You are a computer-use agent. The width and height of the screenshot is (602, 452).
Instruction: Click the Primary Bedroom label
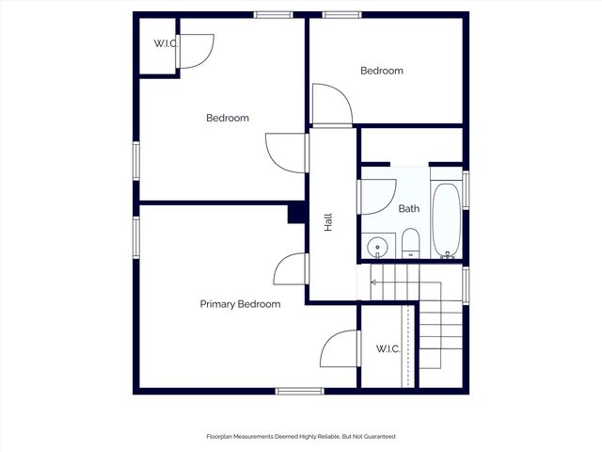(240, 304)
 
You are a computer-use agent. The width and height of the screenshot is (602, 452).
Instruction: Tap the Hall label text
(328, 223)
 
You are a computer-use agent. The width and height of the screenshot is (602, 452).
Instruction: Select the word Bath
(408, 209)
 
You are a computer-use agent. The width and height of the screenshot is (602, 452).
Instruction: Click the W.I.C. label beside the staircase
(388, 348)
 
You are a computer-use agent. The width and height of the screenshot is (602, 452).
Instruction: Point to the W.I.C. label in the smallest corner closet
(166, 44)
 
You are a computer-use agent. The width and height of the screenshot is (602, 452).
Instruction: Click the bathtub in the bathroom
(446, 220)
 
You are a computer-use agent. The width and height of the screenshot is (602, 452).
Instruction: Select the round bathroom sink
(378, 248)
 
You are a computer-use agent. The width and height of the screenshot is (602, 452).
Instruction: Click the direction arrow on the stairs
(374, 282)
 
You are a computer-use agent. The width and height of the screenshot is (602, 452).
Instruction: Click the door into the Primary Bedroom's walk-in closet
(340, 349)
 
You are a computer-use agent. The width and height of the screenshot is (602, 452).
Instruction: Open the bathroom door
(377, 196)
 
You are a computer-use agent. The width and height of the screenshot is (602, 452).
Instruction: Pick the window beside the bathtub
(466, 189)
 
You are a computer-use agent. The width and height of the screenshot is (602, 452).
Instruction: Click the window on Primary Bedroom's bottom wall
(299, 391)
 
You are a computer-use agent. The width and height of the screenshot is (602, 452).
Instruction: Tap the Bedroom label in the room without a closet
(382, 71)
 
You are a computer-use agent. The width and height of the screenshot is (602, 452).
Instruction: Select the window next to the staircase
(466, 284)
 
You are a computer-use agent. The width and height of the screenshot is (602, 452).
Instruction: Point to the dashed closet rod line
(406, 345)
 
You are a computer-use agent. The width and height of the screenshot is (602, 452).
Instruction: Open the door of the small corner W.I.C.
(197, 51)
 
